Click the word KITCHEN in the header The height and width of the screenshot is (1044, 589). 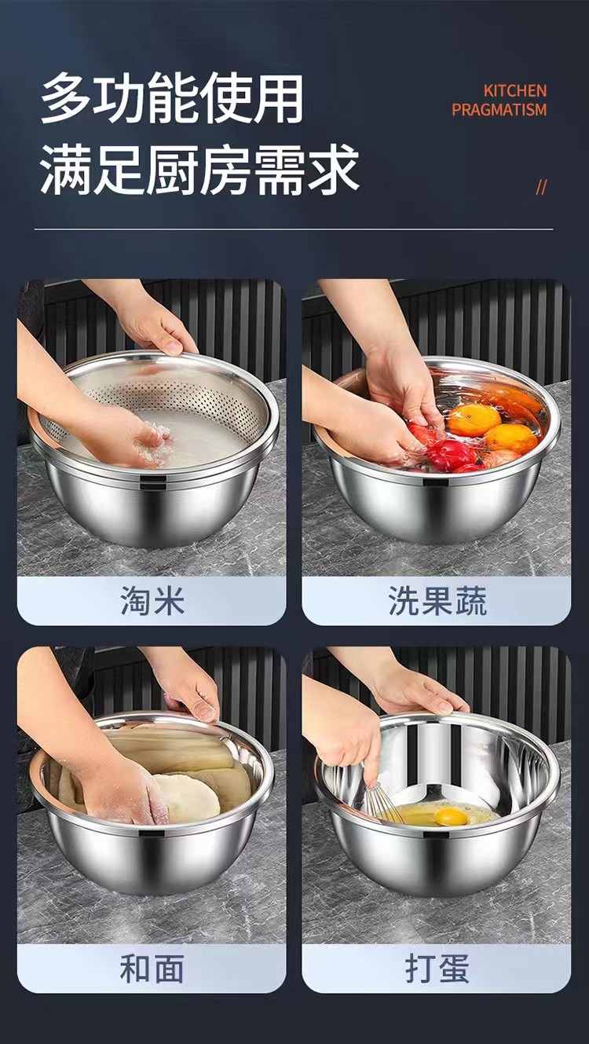coord(514,91)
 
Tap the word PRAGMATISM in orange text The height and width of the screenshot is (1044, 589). coord(499,110)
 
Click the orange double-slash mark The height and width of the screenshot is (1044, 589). coord(541,187)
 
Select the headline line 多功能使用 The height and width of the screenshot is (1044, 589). coord(172,100)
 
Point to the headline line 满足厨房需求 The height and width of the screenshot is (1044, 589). coord(199,169)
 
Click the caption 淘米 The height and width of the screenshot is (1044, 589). coord(152,601)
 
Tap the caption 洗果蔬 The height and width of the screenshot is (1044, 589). coord(437,601)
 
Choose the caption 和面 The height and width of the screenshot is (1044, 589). coord(152,969)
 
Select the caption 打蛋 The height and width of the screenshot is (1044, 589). coord(437,969)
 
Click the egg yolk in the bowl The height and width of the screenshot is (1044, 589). coord(451,817)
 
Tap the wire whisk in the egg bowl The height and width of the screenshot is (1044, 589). coord(382,801)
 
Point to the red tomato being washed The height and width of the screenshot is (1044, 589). coord(451,454)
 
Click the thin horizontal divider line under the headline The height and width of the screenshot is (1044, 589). coord(294,229)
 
